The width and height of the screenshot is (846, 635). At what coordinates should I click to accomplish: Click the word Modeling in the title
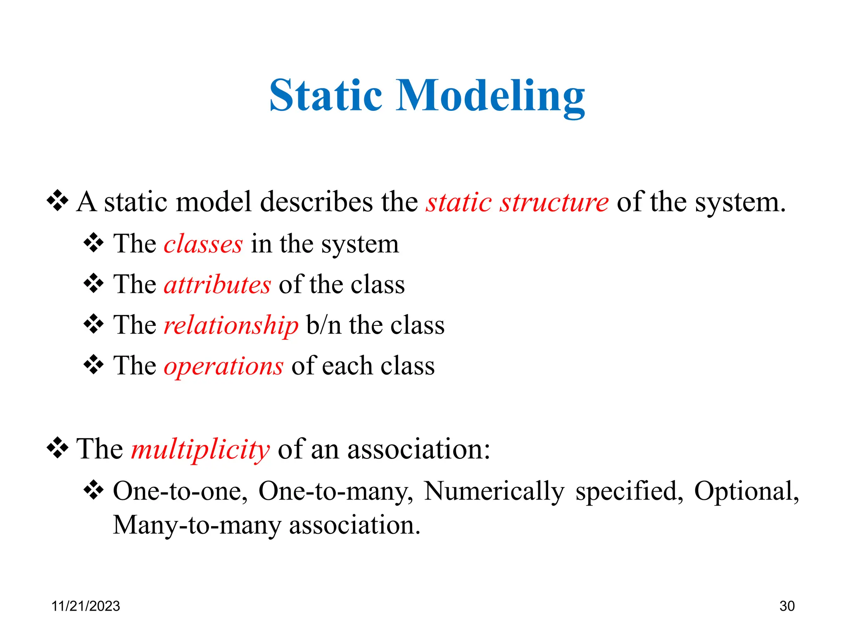tap(490, 98)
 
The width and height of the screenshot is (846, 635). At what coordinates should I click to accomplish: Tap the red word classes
tap(203, 244)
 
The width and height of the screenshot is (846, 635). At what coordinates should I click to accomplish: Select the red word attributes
tap(217, 285)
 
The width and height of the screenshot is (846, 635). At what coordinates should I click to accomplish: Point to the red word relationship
tap(231, 326)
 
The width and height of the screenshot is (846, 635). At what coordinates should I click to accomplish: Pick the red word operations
tap(223, 367)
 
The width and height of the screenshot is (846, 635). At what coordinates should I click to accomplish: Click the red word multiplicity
tap(200, 450)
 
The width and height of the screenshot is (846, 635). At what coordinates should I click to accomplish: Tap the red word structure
tap(554, 203)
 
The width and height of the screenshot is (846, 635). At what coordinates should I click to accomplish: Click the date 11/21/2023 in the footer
tap(86, 606)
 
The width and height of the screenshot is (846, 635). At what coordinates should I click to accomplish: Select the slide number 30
tap(787, 606)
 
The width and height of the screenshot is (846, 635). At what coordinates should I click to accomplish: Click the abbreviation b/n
tap(323, 325)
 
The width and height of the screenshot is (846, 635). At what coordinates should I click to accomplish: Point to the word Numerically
tap(494, 492)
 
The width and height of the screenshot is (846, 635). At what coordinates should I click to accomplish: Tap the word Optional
tap(746, 492)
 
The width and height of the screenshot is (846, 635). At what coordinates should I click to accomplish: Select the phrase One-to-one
tap(180, 492)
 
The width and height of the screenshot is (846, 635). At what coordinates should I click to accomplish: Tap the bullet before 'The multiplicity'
tap(57, 448)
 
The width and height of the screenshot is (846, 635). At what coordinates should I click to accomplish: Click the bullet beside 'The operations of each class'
tap(94, 365)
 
